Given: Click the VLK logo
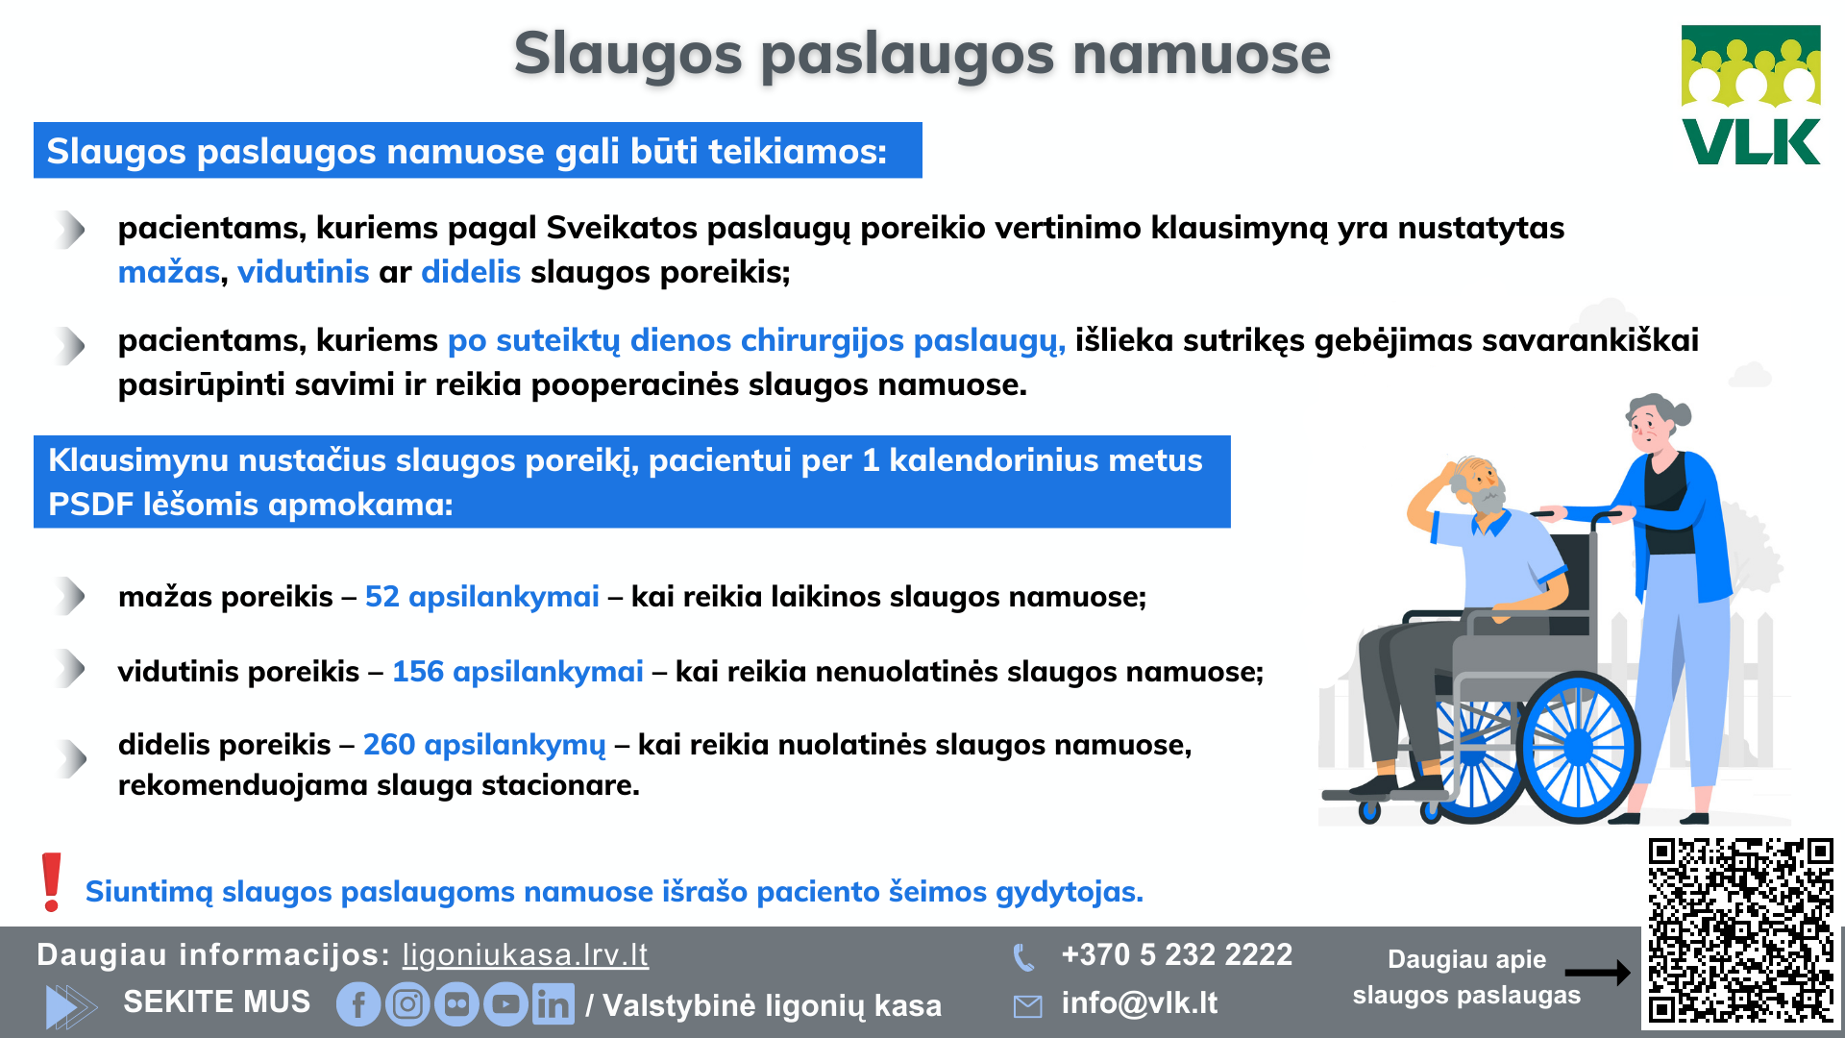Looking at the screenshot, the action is coord(1751,95).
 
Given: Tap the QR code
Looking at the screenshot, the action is coord(1740,930).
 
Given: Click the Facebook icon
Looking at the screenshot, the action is coord(358,1004).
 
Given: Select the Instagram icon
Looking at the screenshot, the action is coord(407,1004).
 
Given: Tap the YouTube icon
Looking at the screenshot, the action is coord(505,1004).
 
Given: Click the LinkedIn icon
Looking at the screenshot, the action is coord(553,1004).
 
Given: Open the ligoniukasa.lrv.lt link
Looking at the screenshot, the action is coord(525,954).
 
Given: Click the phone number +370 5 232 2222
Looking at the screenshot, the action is coord(1176,954).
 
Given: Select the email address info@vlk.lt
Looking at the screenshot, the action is coord(1139,1003).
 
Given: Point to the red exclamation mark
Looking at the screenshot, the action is coord(52,882).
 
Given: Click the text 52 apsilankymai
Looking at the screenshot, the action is coord(481,597).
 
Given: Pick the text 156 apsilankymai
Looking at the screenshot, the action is coord(517,672).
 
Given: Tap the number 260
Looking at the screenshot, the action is coord(388,745).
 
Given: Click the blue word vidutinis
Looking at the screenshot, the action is coord(303,272).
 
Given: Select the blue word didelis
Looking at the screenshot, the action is coord(471,272).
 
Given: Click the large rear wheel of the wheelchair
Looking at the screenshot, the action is coord(1578,747).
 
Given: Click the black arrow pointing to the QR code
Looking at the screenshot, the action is coord(1597,973).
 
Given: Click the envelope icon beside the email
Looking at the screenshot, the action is coord(1027,1006).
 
